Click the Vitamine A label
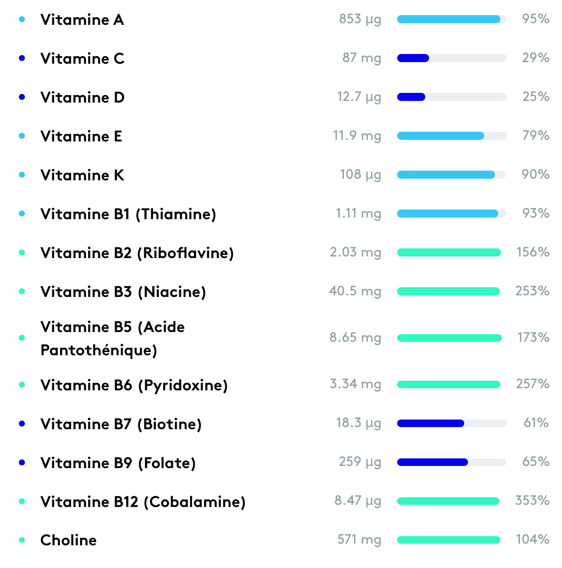(82, 20)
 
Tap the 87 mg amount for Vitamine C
(362, 58)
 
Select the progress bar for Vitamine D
(451, 97)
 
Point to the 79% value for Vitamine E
(536, 136)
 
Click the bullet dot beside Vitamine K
(22, 175)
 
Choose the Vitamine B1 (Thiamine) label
(128, 214)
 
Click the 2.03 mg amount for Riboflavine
(355, 252)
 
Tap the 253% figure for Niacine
(532, 291)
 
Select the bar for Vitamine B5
(449, 338)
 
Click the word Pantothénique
(99, 350)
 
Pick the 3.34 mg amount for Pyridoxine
(355, 384)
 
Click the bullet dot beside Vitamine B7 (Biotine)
(22, 424)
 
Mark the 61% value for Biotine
(536, 423)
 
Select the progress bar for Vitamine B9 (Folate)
(451, 462)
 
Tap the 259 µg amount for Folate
(360, 462)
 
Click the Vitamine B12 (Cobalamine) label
(143, 502)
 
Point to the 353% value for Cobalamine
(532, 501)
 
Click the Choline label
(69, 540)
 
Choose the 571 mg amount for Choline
(359, 539)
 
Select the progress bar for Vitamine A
(451, 19)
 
